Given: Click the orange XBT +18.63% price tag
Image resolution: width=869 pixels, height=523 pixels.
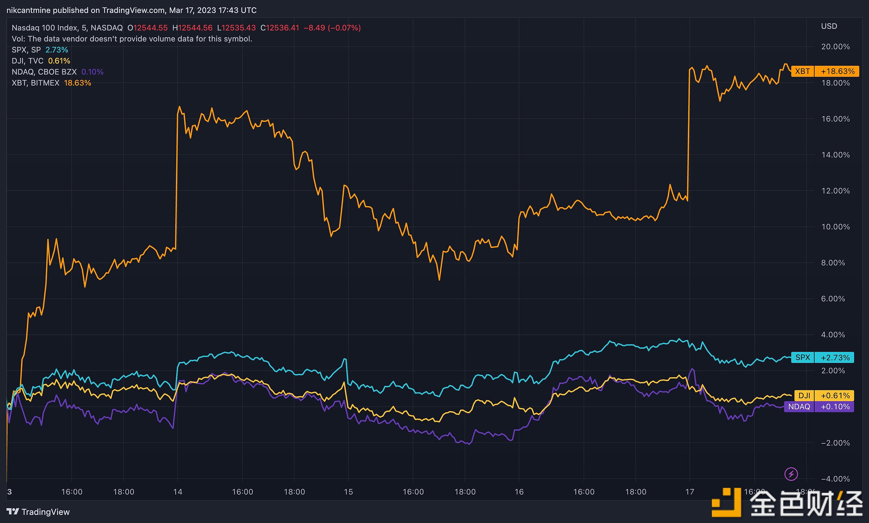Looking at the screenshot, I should coord(825,71).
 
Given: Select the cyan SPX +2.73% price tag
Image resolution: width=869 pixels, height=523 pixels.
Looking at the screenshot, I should coord(822,357).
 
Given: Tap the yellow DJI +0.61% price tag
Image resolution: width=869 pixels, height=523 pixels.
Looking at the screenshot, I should coord(824,395).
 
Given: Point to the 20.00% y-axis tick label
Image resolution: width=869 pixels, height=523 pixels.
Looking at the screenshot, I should coord(835,47).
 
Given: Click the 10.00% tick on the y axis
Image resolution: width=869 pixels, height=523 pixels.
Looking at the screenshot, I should coord(835,227).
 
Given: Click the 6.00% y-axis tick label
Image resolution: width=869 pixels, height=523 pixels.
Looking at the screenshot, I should coord(833,298).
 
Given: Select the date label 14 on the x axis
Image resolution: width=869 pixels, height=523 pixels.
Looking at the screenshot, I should coord(178,492).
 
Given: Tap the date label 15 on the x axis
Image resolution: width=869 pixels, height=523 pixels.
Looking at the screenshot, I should coord(348,492).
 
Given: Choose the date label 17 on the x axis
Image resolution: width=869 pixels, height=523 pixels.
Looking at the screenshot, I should coord(689,492).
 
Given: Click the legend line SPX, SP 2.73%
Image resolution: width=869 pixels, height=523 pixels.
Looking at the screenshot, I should coord(40,50).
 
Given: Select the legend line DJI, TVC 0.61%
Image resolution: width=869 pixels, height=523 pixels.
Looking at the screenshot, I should coord(41,61).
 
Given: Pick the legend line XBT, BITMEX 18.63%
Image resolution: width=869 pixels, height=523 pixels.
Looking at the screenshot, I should coord(52,83).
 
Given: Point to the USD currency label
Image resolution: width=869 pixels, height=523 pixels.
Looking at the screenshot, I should coord(829,26).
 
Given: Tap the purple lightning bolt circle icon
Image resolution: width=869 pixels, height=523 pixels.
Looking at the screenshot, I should coord(791,474).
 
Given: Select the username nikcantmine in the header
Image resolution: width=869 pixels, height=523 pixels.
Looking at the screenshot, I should coord(28,10).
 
